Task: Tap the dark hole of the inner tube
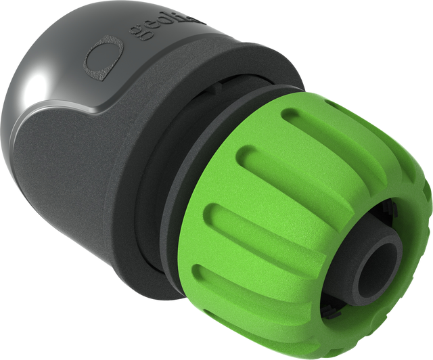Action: pyautogui.click(x=373, y=270)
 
